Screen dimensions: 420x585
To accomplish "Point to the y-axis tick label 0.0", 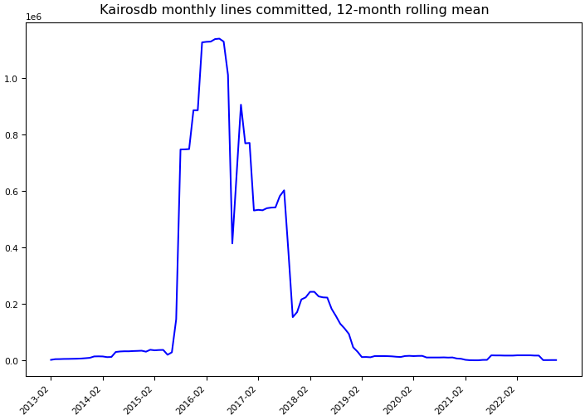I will (x=14, y=361).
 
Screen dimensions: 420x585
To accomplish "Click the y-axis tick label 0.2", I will (x=14, y=305).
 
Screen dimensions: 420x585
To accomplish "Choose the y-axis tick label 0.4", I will (x=14, y=248).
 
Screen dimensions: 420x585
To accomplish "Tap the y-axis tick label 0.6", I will (x=14, y=192).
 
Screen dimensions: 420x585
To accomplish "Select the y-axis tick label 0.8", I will (x=14, y=135).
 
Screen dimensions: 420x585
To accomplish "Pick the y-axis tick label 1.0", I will (x=14, y=79).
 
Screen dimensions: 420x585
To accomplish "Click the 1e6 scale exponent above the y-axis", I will (x=34, y=17).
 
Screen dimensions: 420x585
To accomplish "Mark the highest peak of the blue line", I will (x=217, y=38).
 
